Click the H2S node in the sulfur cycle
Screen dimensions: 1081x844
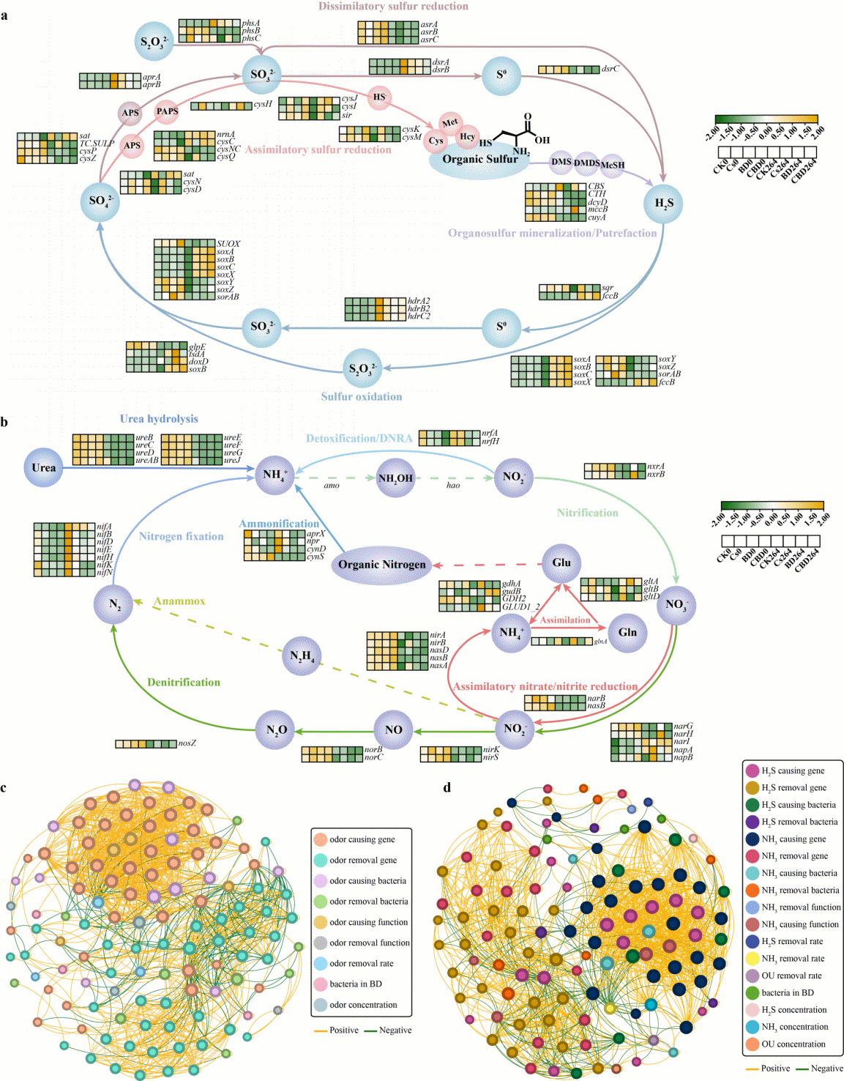(663, 204)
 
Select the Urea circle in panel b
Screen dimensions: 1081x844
(43, 467)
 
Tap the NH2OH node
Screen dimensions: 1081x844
(395, 478)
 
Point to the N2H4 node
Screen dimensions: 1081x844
(302, 655)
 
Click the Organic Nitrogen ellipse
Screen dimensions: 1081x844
(381, 565)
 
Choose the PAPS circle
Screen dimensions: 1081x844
(167, 111)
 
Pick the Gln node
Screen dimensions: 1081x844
(627, 632)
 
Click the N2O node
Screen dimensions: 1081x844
(276, 730)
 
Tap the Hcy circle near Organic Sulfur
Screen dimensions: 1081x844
(467, 136)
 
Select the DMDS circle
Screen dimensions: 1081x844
(586, 163)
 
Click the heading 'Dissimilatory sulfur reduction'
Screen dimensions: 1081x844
(393, 7)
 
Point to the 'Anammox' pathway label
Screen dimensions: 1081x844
(179, 601)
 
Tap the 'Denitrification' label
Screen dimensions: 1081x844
(184, 682)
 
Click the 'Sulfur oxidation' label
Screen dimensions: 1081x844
(362, 396)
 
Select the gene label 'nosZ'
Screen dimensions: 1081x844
(187, 743)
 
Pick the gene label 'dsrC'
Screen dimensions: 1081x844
(610, 69)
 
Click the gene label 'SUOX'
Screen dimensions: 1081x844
(228, 244)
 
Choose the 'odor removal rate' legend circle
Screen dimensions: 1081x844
(320, 964)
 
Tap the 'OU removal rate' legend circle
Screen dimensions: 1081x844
(752, 976)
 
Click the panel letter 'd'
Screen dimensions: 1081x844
(447, 788)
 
